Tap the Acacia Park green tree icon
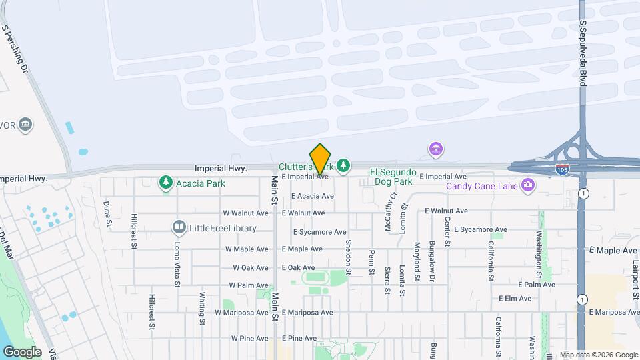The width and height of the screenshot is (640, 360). click(x=165, y=182)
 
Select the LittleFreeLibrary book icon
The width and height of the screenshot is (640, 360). click(x=178, y=228)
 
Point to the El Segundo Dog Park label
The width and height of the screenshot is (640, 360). click(x=393, y=176)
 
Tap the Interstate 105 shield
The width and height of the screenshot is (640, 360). click(x=562, y=170)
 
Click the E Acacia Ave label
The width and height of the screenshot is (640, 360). click(x=313, y=196)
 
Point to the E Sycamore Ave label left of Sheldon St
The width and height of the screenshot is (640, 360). click(x=320, y=232)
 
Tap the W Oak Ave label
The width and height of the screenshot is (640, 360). click(x=250, y=267)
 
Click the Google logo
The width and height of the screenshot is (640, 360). click(x=22, y=351)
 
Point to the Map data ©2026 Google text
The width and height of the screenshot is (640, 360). click(x=598, y=355)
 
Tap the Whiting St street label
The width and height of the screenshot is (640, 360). click(x=202, y=307)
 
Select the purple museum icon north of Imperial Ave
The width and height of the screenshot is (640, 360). click(x=436, y=148)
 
